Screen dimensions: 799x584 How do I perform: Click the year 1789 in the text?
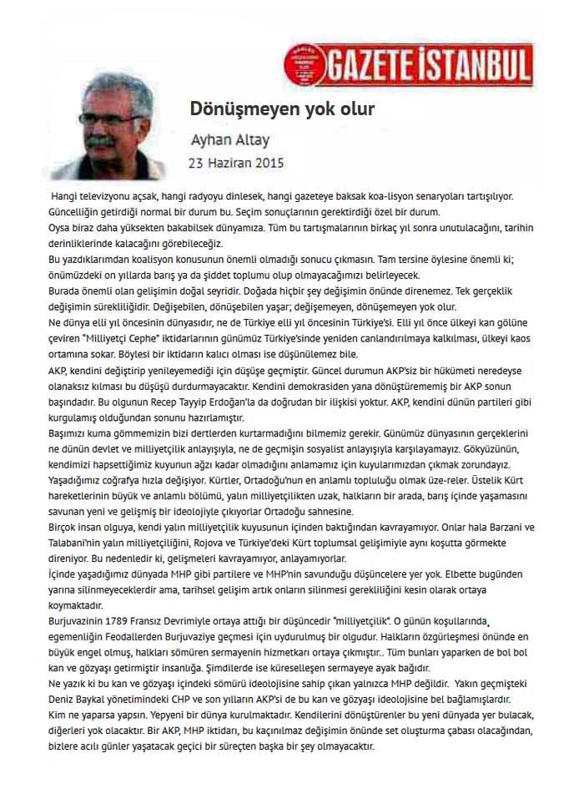133,622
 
